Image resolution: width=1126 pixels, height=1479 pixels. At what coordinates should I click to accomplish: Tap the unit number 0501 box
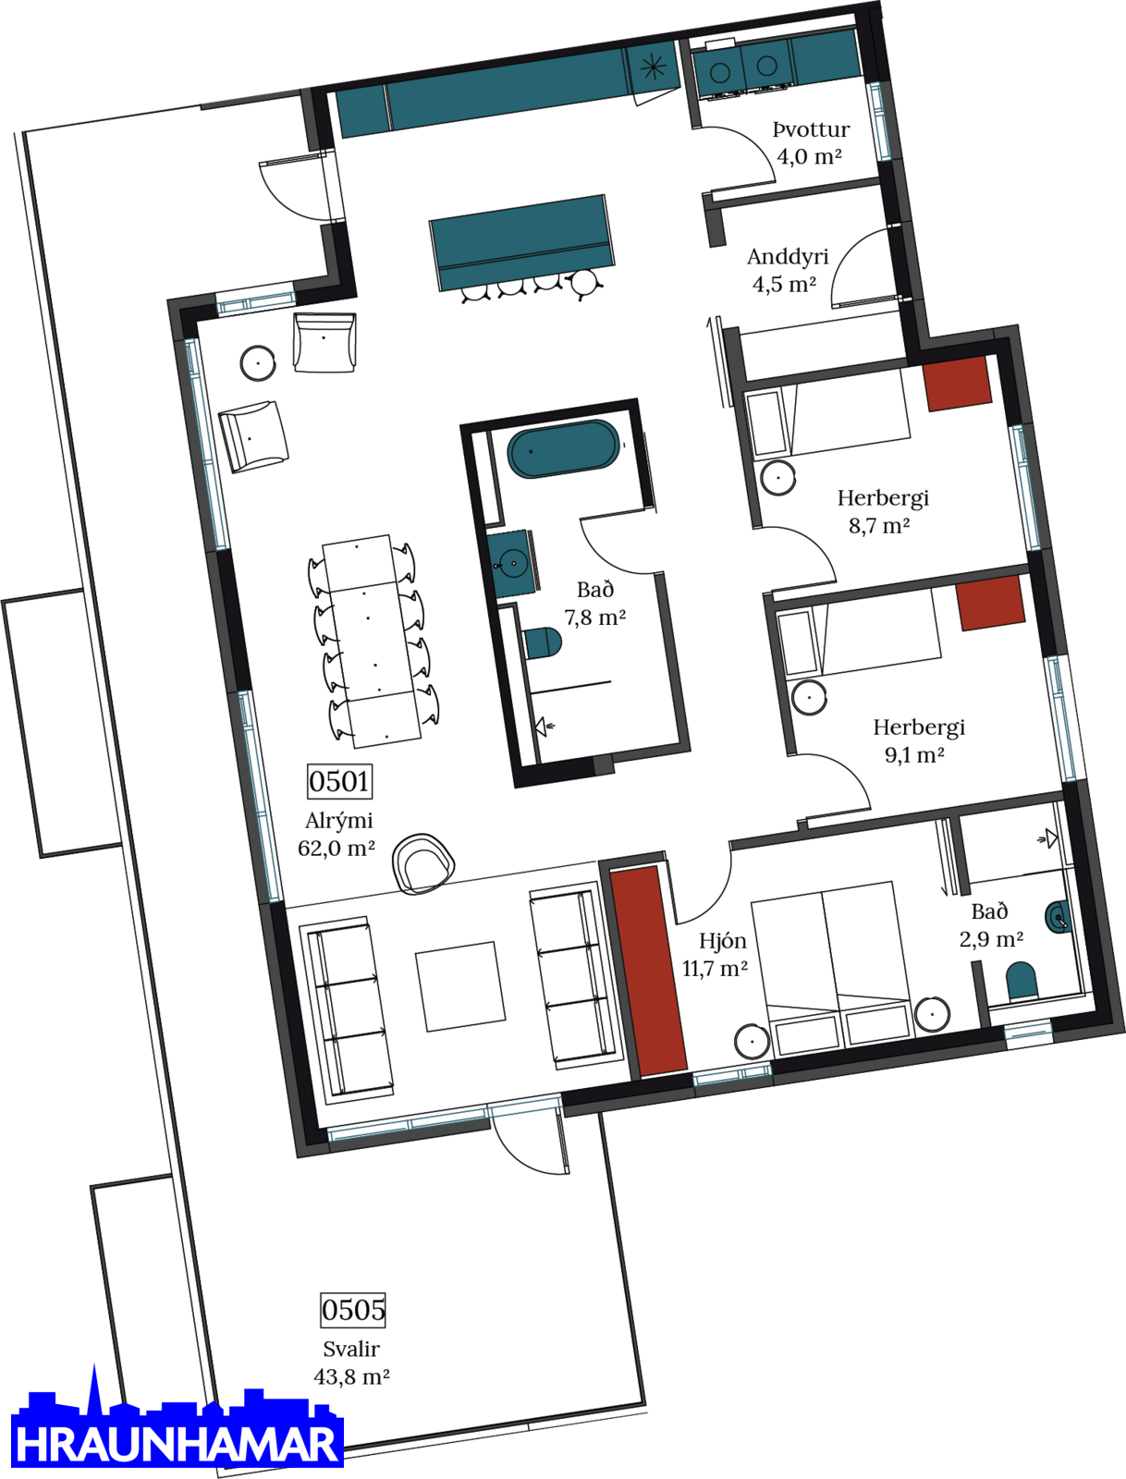click(x=339, y=782)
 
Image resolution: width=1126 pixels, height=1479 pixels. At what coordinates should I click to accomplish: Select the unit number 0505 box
click(x=353, y=1310)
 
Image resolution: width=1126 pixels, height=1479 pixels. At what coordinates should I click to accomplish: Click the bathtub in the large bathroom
click(x=562, y=449)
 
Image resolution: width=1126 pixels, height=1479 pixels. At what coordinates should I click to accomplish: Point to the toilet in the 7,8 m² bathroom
click(x=543, y=643)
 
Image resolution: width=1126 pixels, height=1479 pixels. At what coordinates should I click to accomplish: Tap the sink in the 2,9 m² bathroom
click(x=1058, y=917)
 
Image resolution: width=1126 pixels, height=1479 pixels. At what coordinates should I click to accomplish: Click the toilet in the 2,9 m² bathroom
click(x=1022, y=981)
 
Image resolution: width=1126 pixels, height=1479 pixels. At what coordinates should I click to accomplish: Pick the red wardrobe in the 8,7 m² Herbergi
click(x=957, y=384)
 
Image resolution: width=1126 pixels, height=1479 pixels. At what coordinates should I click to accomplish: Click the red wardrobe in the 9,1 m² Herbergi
click(x=990, y=603)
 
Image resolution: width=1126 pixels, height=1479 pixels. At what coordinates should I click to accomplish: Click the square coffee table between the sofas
click(x=460, y=987)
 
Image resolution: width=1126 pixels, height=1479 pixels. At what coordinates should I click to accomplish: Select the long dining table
click(x=372, y=641)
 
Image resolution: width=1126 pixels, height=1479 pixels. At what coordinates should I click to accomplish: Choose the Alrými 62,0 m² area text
click(x=337, y=834)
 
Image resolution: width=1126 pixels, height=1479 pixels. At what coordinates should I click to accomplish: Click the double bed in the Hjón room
click(x=831, y=969)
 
